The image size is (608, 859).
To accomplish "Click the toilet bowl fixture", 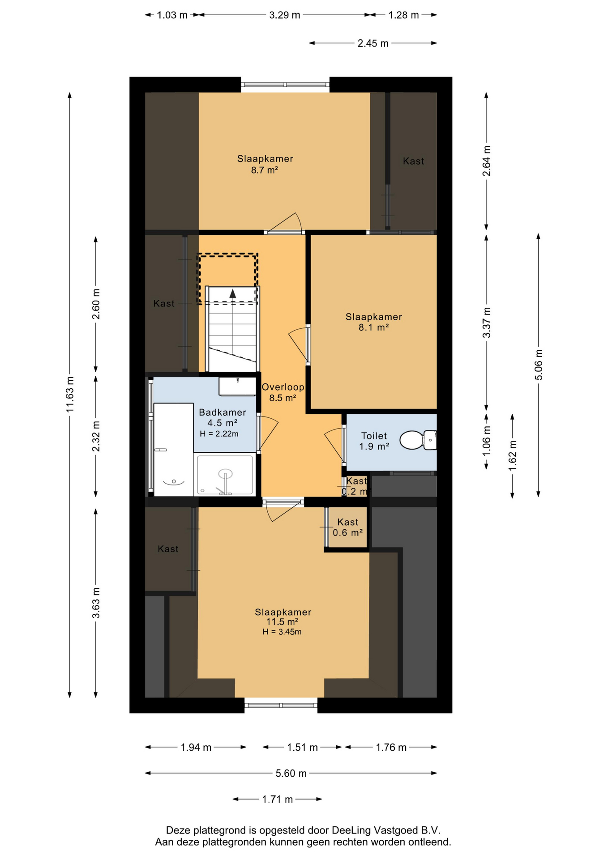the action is [x=418, y=440].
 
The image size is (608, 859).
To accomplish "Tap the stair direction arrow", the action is [x=233, y=293].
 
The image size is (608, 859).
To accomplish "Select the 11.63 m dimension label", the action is [x=70, y=395].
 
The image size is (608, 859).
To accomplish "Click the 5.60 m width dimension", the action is [x=291, y=773].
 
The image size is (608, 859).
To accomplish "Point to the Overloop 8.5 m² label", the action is [x=283, y=392].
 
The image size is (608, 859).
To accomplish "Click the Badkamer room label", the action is [x=223, y=412].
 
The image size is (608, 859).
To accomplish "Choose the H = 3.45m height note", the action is [x=282, y=632].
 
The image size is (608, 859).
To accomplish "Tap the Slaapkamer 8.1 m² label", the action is [x=374, y=322].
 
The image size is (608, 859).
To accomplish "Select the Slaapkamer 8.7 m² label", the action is [x=265, y=164].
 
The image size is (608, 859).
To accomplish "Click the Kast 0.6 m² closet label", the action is [x=347, y=527].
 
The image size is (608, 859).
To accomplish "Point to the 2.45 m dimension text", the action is [x=373, y=43].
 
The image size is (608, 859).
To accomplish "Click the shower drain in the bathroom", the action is [x=225, y=473].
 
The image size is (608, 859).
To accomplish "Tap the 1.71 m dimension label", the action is [x=278, y=799].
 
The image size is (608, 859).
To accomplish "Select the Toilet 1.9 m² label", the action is [x=374, y=441].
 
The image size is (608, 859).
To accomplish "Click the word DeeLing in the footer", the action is [x=351, y=830].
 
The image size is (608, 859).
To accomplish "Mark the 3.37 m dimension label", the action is [x=487, y=323].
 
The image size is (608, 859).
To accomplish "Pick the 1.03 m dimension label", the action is [x=172, y=15].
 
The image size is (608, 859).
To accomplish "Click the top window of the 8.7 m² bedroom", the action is [x=285, y=85].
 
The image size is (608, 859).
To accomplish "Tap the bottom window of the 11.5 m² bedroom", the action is [x=281, y=706].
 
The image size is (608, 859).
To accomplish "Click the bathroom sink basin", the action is [x=237, y=386].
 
